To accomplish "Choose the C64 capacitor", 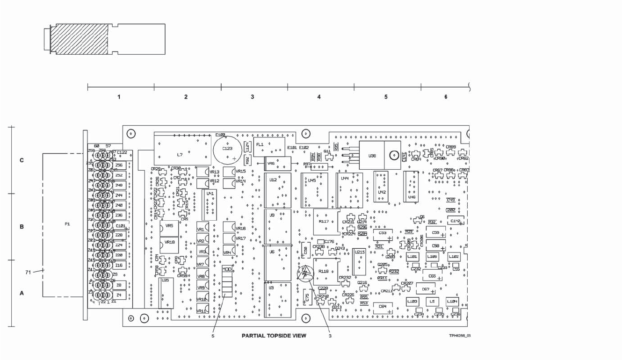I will tap(383, 307).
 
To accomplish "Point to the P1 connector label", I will tap(67, 224).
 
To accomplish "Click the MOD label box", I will tap(226, 269).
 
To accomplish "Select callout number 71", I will tap(28, 272).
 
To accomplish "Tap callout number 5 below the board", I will tap(212, 335).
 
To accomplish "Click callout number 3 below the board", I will tap(330, 335).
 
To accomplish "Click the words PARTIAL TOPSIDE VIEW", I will tap(274, 336).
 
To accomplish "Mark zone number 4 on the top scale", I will tap(319, 97).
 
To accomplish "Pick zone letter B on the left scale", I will tap(22, 227).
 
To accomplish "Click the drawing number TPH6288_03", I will tap(460, 336).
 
